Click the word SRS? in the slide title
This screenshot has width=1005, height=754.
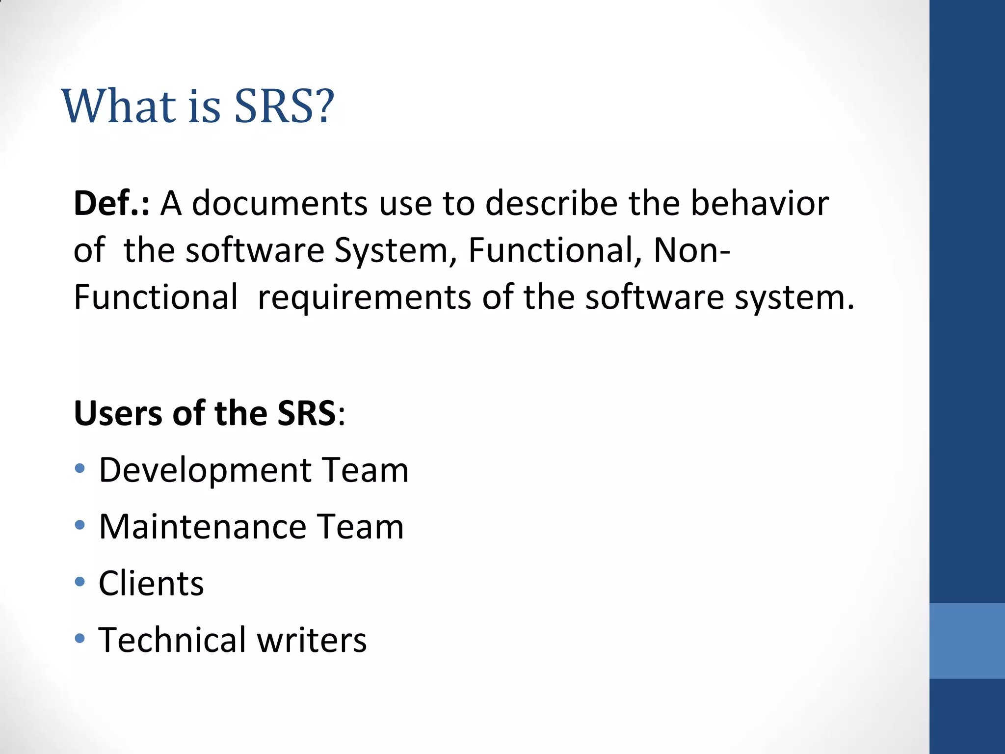tap(284, 106)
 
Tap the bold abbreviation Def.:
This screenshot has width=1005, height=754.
tap(111, 203)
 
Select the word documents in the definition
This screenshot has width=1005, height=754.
tap(279, 203)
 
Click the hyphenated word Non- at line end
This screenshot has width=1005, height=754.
tap(692, 251)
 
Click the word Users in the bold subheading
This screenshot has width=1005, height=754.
tap(118, 413)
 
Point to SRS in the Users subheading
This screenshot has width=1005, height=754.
tap(307, 413)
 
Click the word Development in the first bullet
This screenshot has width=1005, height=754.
tap(206, 470)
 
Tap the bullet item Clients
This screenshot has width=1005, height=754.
tap(151, 584)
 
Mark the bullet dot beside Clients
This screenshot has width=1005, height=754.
tap(80, 582)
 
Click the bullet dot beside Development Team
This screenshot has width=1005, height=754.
tap(80, 469)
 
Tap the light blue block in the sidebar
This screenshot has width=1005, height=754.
tap(967, 641)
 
